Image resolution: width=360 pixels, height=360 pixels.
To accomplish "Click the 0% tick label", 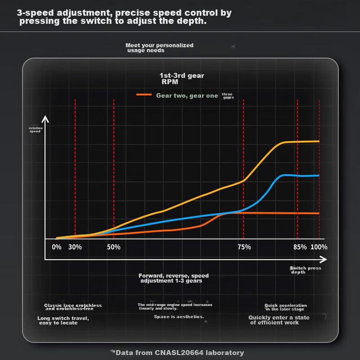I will tap(57, 247).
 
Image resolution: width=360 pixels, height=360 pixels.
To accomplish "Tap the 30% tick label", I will tap(75, 247).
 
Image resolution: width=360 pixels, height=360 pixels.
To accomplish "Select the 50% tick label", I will tap(114, 247).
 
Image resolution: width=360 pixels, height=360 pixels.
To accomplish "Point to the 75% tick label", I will tap(244, 247).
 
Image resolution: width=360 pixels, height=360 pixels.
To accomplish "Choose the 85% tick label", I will tap(300, 247).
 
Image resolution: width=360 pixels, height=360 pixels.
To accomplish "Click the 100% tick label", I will tap(319, 247).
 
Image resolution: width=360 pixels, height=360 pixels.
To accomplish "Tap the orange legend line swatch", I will tap(144, 95).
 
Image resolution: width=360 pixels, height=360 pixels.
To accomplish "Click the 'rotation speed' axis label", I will tap(35, 130).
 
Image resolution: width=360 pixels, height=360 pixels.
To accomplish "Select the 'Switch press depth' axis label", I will tap(305, 270).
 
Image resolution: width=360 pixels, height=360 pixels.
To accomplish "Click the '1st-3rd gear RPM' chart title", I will tap(181, 79).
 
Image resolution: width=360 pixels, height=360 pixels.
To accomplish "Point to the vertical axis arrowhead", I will tap(45, 119).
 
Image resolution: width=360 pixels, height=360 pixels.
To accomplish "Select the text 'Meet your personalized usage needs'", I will tap(159, 48).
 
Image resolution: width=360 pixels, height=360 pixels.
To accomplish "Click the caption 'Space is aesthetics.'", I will tap(179, 317).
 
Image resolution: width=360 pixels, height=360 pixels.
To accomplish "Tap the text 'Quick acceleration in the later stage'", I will tap(285, 307).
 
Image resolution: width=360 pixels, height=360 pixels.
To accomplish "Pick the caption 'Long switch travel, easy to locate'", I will tap(63, 320).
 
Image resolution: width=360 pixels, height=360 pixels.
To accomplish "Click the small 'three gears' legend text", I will tap(228, 96).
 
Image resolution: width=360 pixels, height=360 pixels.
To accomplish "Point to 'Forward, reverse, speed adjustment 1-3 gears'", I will tap(173, 278).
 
